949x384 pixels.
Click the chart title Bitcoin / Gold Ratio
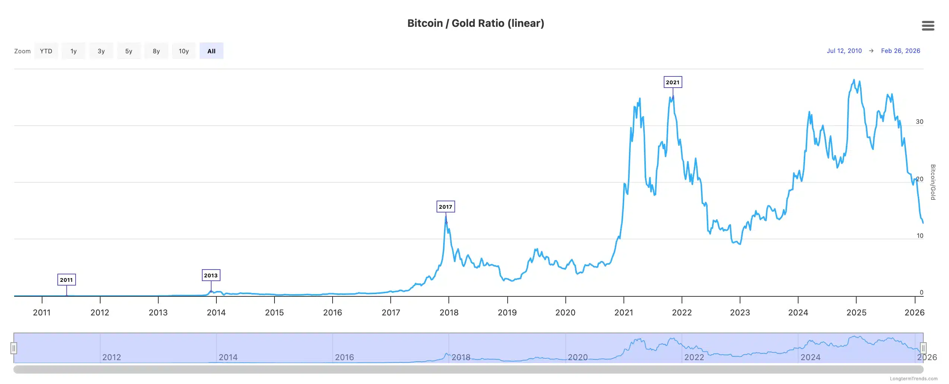pyautogui.click(x=475, y=23)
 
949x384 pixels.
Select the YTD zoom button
pyautogui.click(x=46, y=51)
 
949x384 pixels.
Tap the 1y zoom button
pyautogui.click(x=73, y=51)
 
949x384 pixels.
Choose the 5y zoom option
pyautogui.click(x=128, y=51)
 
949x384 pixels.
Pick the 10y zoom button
pyautogui.click(x=184, y=51)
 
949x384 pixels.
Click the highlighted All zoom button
pyautogui.click(x=211, y=51)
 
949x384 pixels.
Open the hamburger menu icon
pyautogui.click(x=927, y=26)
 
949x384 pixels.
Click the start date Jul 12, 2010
pyautogui.click(x=844, y=51)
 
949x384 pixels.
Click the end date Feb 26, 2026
pyautogui.click(x=900, y=51)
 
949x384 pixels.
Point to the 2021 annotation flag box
pyautogui.click(x=672, y=82)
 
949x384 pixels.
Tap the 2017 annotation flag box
pyautogui.click(x=445, y=207)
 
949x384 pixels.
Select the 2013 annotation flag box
pyautogui.click(x=211, y=275)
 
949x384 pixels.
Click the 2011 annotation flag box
pyautogui.click(x=66, y=280)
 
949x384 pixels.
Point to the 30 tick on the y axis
pyautogui.click(x=919, y=122)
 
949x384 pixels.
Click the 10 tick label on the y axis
pyautogui.click(x=920, y=236)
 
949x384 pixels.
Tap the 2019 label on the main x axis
pyautogui.click(x=507, y=312)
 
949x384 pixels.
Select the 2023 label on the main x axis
pyautogui.click(x=740, y=312)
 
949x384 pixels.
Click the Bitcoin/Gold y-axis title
pyautogui.click(x=933, y=182)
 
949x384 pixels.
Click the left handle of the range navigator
pyautogui.click(x=14, y=348)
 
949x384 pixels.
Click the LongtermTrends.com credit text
pyautogui.click(x=913, y=379)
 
